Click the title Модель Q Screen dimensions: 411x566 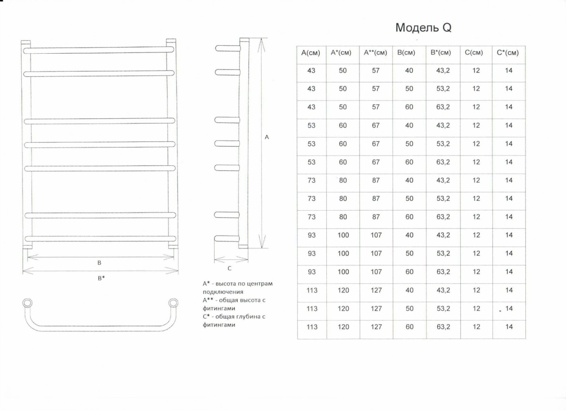click(423, 28)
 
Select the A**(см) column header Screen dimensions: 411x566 click(375, 53)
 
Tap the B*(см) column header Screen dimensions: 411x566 click(441, 53)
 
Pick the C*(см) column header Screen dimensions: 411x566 click(508, 53)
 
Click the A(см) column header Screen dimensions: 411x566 click(311, 53)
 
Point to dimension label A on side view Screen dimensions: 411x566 click(267, 137)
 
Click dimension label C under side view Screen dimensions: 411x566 click(229, 268)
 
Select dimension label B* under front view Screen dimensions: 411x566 click(101, 278)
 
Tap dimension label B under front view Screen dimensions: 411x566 click(100, 263)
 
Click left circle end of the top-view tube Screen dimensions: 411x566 click(28, 302)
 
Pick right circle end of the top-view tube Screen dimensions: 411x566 click(174, 302)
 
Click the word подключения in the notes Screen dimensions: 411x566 click(223, 292)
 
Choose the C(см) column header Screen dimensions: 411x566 click(475, 53)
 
